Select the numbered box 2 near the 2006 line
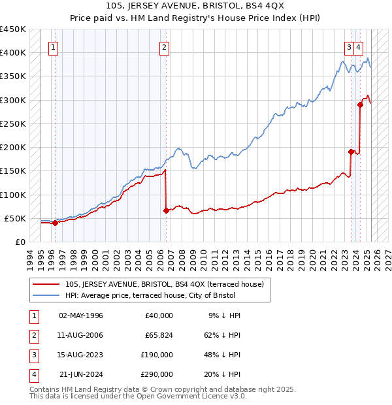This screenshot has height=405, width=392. pos(164,47)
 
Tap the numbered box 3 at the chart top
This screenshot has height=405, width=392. pos(350,47)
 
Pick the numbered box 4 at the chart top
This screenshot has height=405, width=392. pos(359,47)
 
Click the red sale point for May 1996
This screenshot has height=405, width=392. pos(55,223)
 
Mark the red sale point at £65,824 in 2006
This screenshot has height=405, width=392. pos(166,210)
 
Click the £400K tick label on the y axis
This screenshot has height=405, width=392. pos(13,52)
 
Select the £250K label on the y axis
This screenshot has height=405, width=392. pos(13,123)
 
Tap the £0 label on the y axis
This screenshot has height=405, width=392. pos(20,242)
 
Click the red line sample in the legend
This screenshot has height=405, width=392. pos(47,284)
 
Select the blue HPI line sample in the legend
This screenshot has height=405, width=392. pos(47,295)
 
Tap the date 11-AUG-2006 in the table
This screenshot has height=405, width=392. pos(80,335)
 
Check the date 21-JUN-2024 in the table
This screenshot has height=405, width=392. pos(81,374)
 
